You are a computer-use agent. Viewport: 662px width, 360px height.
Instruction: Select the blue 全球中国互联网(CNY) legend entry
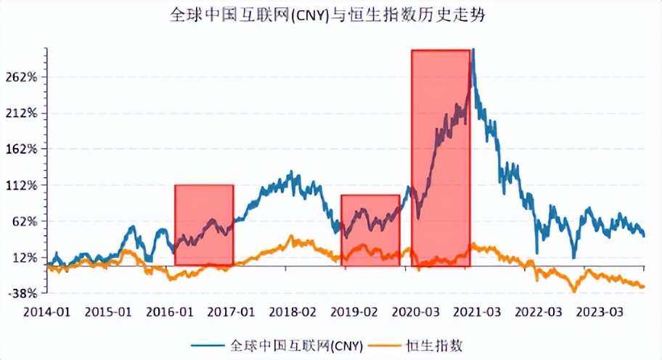(x=276, y=345)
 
